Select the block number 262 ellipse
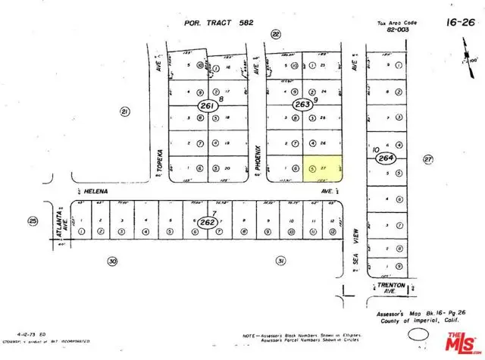tap(205, 222)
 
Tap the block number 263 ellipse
tap(302, 105)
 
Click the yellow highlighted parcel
tap(321, 167)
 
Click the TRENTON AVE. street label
tap(393, 288)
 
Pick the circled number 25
tap(33, 221)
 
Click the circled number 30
tap(113, 261)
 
